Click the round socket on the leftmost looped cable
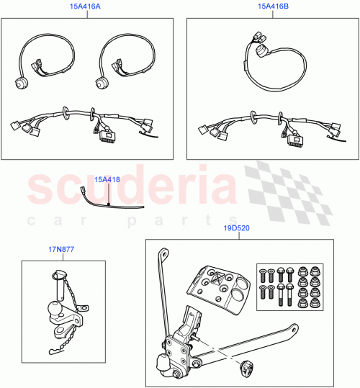(17, 84)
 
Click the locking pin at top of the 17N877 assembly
(60, 272)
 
